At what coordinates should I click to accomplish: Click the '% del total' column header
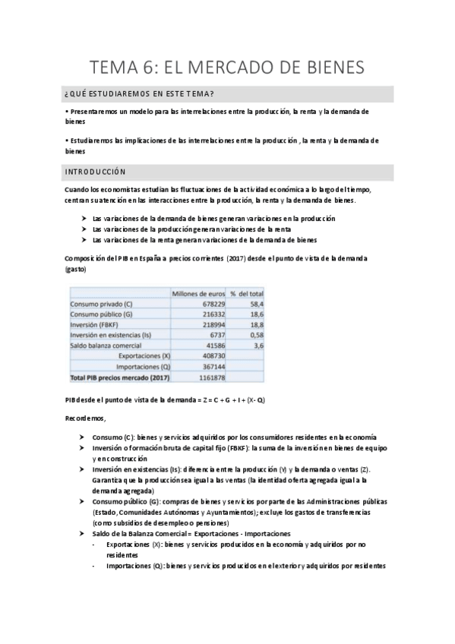247,293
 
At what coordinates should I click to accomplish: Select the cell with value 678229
209,304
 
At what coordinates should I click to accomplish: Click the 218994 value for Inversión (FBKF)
209,325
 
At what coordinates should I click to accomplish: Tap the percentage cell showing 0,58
254,335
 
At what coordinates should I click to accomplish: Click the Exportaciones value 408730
209,355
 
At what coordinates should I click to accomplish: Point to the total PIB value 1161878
207,377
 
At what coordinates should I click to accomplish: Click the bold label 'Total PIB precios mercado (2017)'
120,377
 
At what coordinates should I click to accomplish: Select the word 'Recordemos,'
86,418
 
